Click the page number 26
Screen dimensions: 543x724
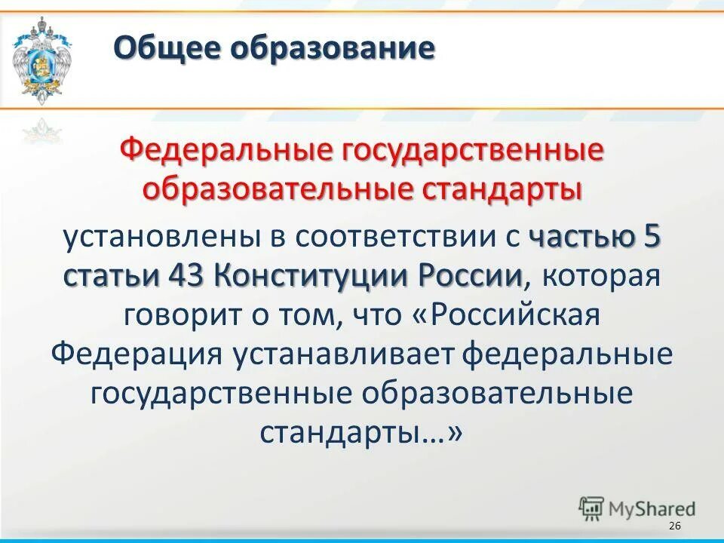coord(674,526)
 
